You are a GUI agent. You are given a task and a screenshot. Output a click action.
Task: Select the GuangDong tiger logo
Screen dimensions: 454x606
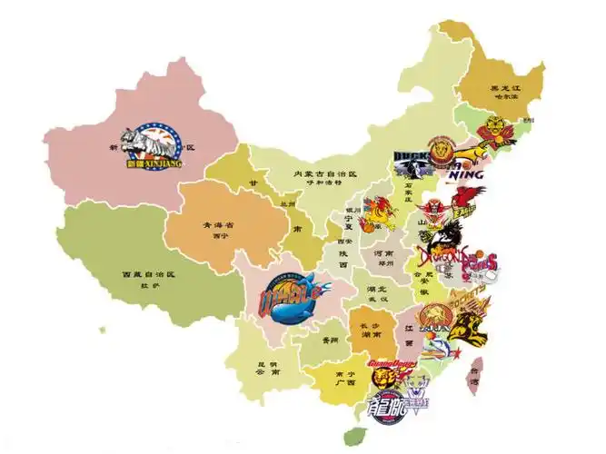[x=392, y=372]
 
